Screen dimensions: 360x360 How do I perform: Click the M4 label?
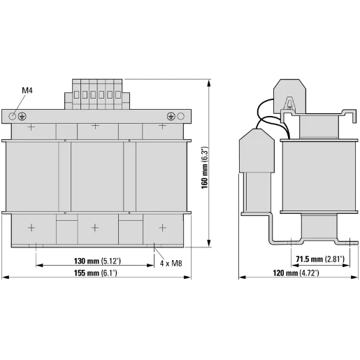pyautogui.click(x=27, y=90)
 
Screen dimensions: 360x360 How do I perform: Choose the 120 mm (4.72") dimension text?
pyautogui.click(x=294, y=273)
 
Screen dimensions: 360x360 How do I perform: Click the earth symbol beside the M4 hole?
pyautogui.click(x=24, y=115)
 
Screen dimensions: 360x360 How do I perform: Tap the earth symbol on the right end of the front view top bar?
pyautogui.click(x=171, y=115)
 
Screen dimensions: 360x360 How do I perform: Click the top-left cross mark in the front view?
pyautogui.click(x=31, y=127)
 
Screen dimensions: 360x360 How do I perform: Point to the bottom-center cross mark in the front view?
pyautogui.click(x=96, y=227)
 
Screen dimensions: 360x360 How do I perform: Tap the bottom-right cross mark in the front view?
pyautogui.click(x=162, y=227)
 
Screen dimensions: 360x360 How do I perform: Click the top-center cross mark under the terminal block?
pyautogui.click(x=96, y=127)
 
